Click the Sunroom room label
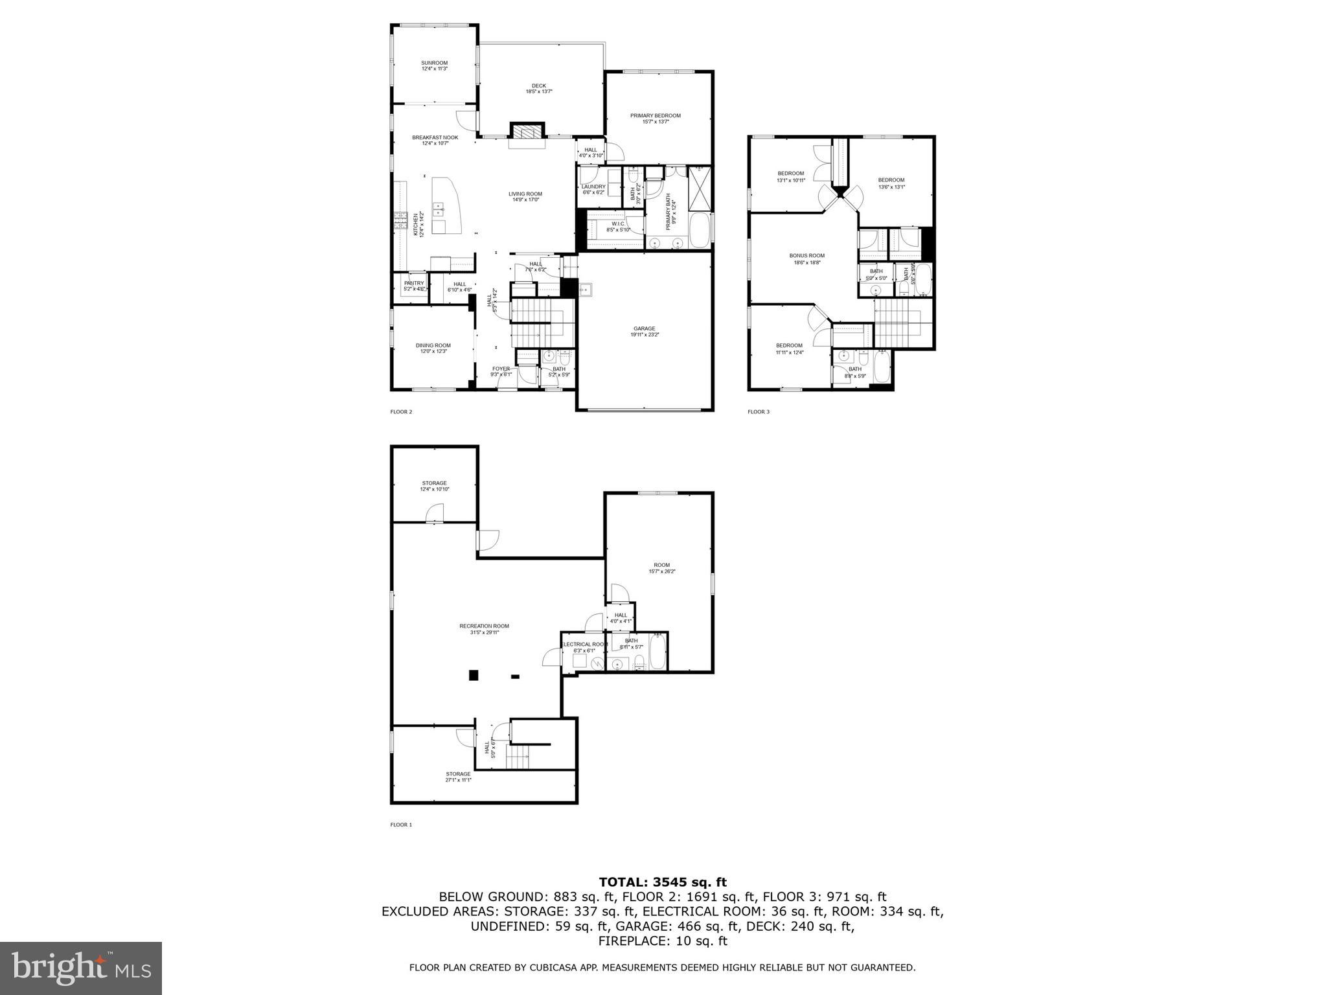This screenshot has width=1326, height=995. (434, 65)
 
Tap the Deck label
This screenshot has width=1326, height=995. (538, 88)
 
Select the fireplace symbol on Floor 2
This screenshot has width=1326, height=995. (527, 132)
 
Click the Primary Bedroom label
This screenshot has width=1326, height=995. (655, 118)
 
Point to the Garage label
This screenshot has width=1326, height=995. (644, 332)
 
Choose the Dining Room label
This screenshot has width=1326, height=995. (433, 349)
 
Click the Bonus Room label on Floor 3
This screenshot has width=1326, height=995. (806, 258)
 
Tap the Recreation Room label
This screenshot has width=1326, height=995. (484, 628)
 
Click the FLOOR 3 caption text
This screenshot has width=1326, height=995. (758, 411)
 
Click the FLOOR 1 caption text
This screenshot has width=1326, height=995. (400, 825)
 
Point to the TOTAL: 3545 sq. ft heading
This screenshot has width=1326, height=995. (662, 882)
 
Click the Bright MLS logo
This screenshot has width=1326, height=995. (80, 968)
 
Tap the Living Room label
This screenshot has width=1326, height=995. (525, 196)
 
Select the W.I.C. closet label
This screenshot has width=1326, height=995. (617, 226)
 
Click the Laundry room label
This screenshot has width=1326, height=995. (593, 189)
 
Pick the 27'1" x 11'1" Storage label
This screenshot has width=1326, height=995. (457, 777)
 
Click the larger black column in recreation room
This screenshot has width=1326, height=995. (474, 675)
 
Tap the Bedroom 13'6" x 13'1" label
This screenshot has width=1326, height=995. (891, 183)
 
